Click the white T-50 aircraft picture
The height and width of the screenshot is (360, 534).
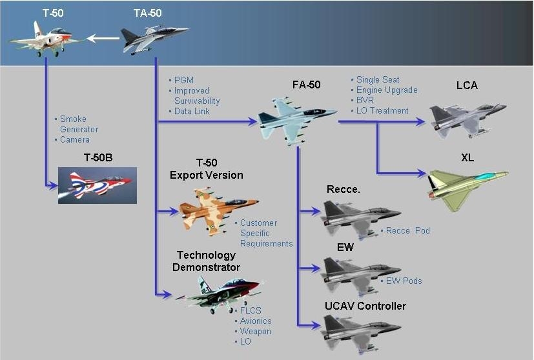44,39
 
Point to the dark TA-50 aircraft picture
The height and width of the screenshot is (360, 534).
154,37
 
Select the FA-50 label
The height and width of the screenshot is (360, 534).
306,85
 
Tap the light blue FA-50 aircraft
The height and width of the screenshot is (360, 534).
296,118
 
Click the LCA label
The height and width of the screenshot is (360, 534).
466,85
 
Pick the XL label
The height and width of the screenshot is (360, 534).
467,157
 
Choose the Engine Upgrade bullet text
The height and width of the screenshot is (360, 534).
387,90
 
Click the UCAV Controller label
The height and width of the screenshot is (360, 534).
366,305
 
